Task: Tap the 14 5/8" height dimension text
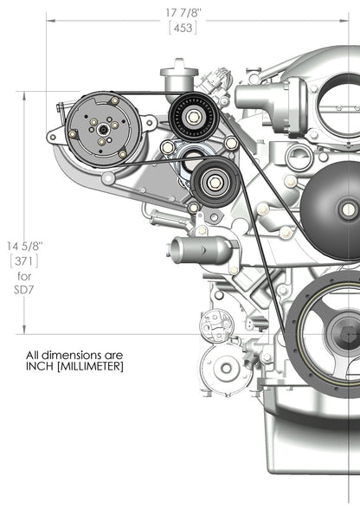pyautogui.click(x=22, y=246)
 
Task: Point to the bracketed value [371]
pyautogui.click(x=22, y=260)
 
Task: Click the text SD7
pyautogui.click(x=22, y=291)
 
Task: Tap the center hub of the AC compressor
pyautogui.click(x=102, y=130)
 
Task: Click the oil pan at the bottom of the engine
pyautogui.click(x=312, y=450)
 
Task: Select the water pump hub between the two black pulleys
pyautogui.click(x=193, y=157)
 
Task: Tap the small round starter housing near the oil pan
pyautogui.click(x=226, y=367)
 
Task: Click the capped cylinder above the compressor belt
pyautogui.click(x=179, y=74)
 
